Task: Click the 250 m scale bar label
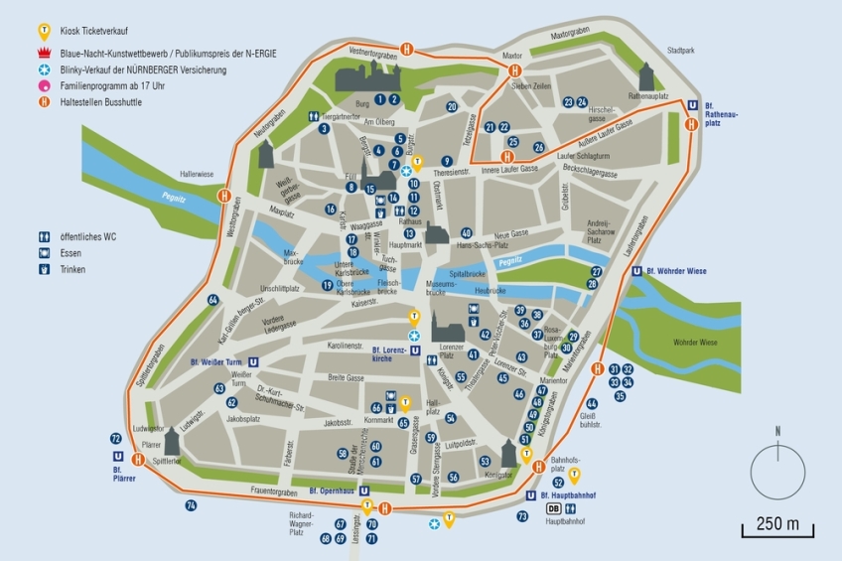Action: click(x=777, y=523)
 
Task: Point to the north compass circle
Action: click(x=777, y=470)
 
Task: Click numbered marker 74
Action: click(x=191, y=505)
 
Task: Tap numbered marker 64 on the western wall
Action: click(x=212, y=299)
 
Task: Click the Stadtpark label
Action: click(x=681, y=49)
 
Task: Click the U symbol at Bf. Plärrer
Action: click(x=118, y=457)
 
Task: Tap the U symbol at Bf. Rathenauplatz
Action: click(x=691, y=105)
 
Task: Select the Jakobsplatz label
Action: click(x=244, y=419)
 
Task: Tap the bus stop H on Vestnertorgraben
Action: click(x=406, y=49)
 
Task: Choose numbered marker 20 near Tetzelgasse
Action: click(x=452, y=106)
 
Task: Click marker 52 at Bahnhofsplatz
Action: click(x=558, y=483)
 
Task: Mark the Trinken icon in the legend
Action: click(x=43, y=269)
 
